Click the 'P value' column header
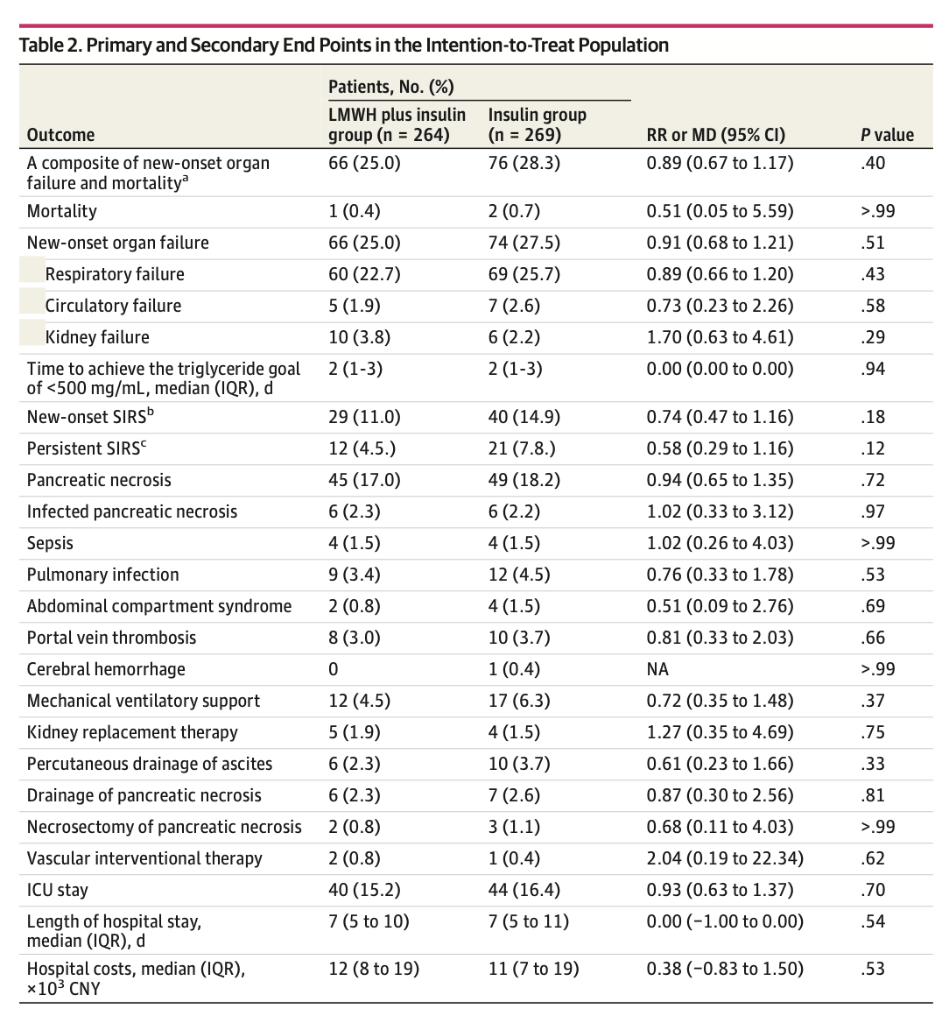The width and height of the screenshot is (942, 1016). coord(887,135)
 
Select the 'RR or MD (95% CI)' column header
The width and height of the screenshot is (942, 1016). coord(715,135)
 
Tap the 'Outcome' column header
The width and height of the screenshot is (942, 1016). coord(60,135)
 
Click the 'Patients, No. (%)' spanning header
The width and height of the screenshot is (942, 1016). coord(390,87)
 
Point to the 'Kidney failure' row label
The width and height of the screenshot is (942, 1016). coord(97,337)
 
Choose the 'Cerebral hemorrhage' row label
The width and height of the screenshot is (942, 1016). coord(106,669)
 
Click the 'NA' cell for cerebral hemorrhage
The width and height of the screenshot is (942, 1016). coord(657,669)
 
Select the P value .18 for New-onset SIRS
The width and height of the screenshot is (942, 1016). coord(873,417)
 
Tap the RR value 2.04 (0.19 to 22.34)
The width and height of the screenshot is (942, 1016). coord(725,858)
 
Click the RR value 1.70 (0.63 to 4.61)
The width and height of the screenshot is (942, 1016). coord(720,337)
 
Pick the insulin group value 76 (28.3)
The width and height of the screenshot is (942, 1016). coord(524,163)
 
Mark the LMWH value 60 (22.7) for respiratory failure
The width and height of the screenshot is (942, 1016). coord(364,274)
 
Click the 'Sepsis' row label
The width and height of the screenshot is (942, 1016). coord(50,543)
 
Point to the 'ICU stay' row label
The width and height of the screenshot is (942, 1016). coord(58,890)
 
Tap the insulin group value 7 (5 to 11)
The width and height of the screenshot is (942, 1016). coord(528,921)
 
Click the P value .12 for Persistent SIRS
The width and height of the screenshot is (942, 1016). coord(873,448)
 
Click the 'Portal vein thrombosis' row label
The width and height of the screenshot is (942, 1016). coord(111,638)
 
